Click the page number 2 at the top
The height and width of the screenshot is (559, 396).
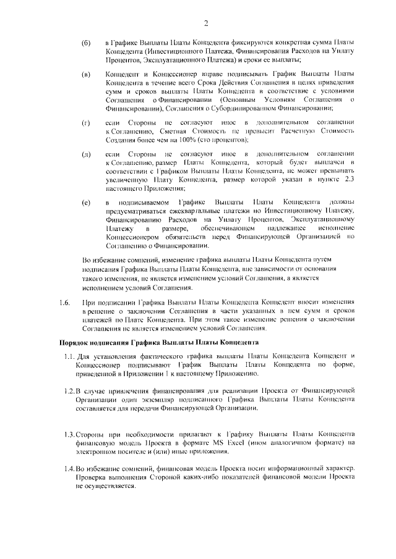pyautogui.click(x=205, y=23)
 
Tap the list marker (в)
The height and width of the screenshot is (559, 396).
pyautogui.click(x=86, y=75)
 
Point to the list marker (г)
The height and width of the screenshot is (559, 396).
pyautogui.click(x=86, y=122)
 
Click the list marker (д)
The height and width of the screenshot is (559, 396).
pyautogui.click(x=86, y=153)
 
